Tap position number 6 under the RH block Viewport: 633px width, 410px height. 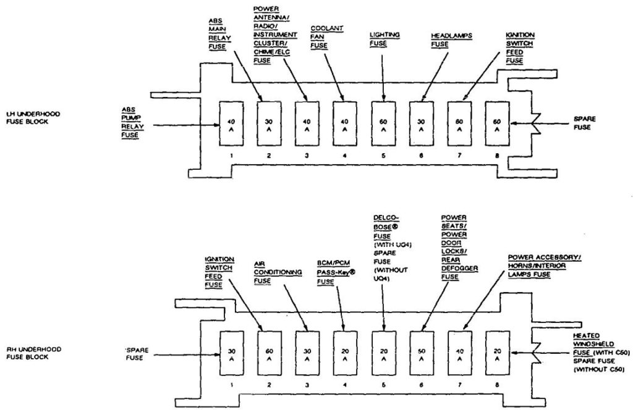421,383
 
